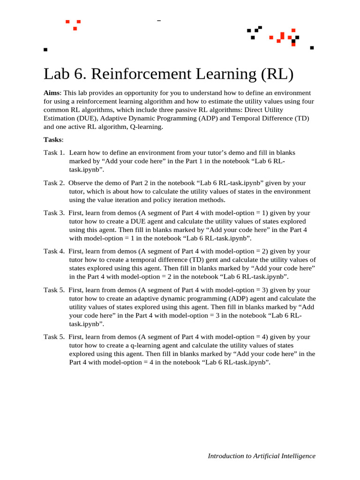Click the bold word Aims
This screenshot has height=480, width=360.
point(52,93)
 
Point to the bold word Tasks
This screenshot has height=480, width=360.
point(52,139)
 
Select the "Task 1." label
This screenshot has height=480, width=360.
point(54,152)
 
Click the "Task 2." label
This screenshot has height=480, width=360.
point(54,183)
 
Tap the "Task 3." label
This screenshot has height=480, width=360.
point(54,213)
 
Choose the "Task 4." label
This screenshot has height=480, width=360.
point(54,251)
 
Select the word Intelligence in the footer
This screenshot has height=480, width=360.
point(299,456)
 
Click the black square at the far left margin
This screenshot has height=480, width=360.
point(45,49)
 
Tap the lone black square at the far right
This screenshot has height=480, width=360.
point(312,47)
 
